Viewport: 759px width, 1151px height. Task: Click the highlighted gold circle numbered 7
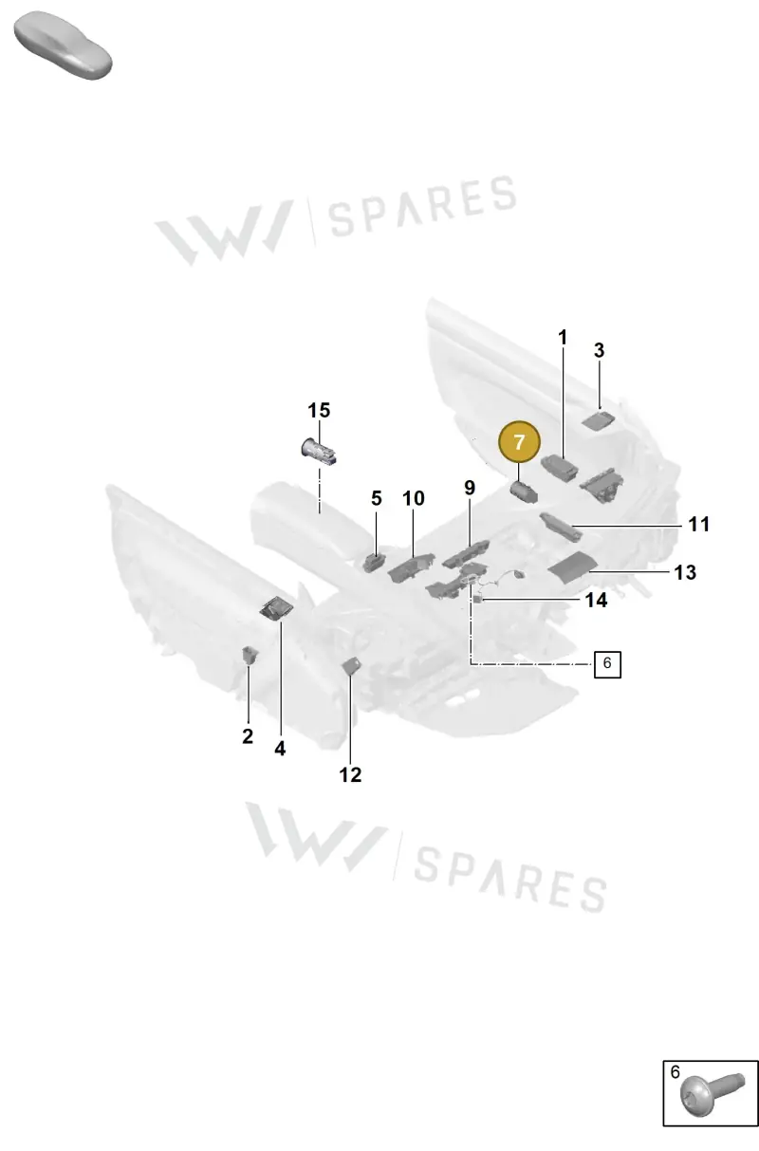(519, 442)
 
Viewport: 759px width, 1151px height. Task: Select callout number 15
(319, 411)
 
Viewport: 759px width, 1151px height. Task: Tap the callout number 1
(563, 338)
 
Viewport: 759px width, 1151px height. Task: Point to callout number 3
(600, 350)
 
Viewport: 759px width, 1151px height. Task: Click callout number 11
(699, 524)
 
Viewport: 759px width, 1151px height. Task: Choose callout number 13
(685, 572)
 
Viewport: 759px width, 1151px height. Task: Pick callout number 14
(596, 600)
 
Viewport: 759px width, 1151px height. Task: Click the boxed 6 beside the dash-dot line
(607, 664)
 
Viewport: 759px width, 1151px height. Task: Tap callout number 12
(350, 775)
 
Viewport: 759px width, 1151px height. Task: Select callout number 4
(280, 749)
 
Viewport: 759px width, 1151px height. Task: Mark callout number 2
(248, 736)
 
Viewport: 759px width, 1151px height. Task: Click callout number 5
(377, 498)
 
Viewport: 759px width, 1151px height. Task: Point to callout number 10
(413, 498)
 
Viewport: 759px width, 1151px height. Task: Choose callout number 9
(470, 488)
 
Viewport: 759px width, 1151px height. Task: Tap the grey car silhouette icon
(63, 46)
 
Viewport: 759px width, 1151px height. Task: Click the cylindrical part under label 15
(319, 451)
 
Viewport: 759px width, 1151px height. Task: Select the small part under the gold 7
(524, 492)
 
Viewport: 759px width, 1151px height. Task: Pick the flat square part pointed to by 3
(598, 421)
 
